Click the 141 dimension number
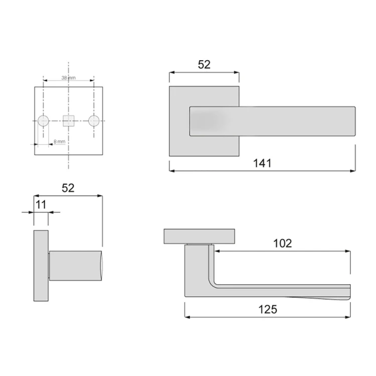point(262,163)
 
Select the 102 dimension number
point(282,243)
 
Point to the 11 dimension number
point(41,205)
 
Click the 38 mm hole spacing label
point(68,78)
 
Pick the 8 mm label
point(59,142)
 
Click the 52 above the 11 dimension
point(68,188)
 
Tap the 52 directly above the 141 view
point(204,64)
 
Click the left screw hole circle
point(44,121)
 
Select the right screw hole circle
point(93,121)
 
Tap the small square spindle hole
point(69,120)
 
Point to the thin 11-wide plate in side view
point(41,266)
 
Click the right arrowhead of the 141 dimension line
point(353,171)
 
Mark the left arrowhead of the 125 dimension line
point(187,317)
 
